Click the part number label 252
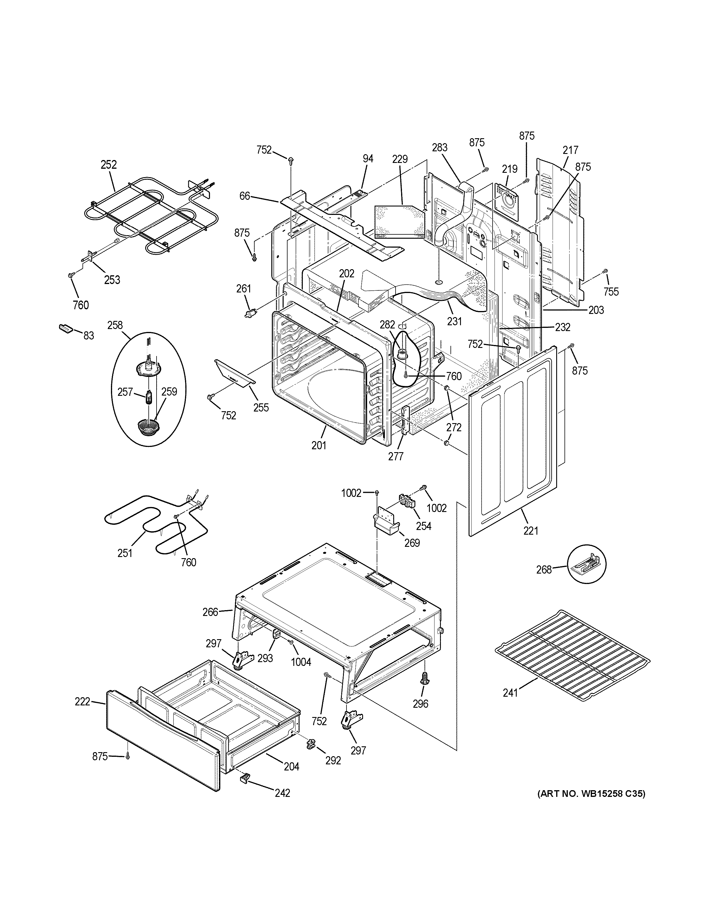tap(108, 165)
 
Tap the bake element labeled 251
tap(156, 522)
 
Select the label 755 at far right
tap(611, 292)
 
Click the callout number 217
tap(570, 150)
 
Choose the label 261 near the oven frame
tap(243, 289)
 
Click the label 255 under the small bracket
tap(261, 407)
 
